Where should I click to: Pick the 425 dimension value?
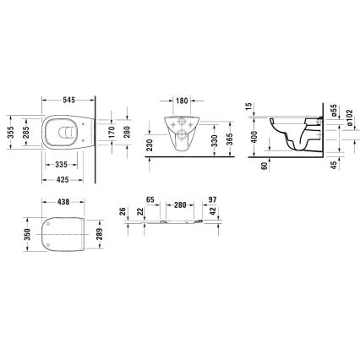coord(61,178)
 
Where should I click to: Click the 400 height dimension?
coord(254,135)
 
